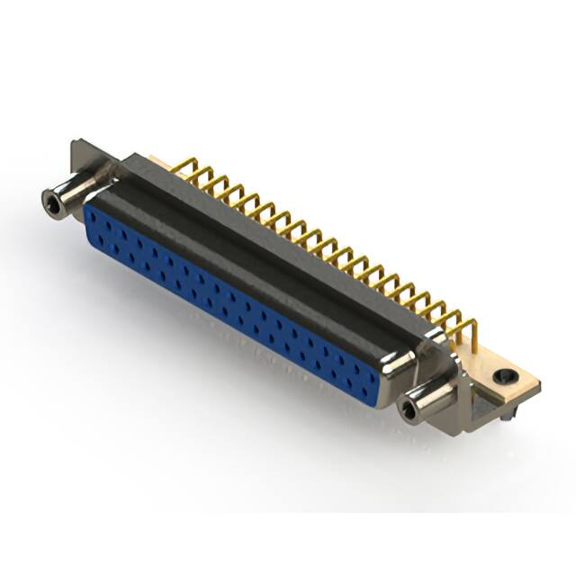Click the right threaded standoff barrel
(x=430, y=403)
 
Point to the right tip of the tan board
(x=538, y=385)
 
